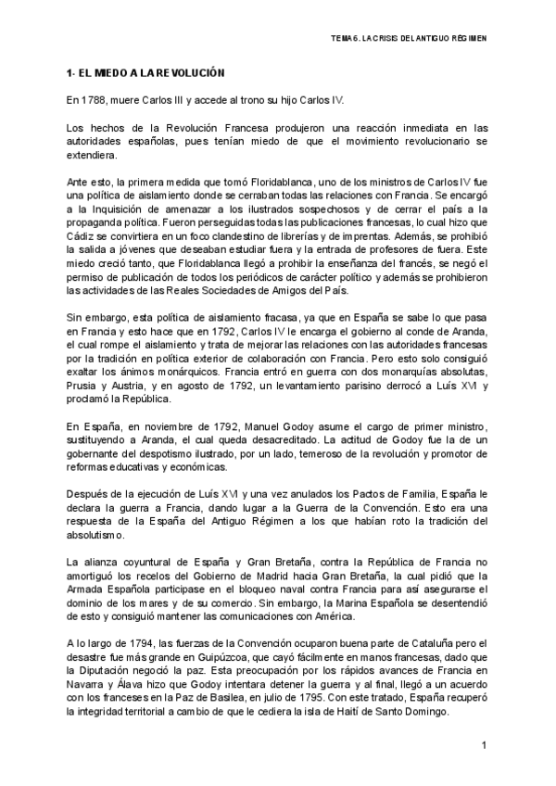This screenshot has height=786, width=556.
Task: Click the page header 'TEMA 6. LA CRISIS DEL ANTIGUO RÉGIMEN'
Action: (408, 39)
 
